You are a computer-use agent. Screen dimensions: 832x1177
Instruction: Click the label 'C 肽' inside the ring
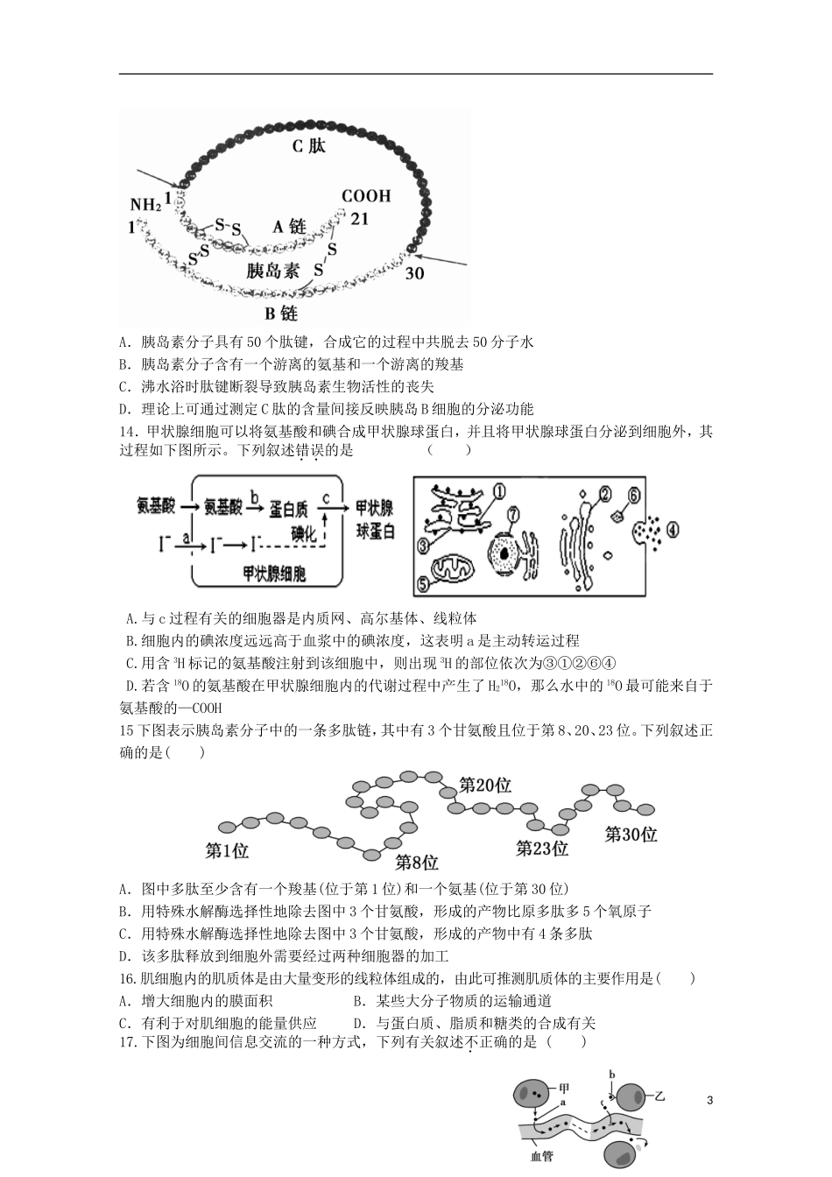pyautogui.click(x=308, y=146)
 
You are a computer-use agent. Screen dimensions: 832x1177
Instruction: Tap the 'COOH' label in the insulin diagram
pyautogui.click(x=366, y=196)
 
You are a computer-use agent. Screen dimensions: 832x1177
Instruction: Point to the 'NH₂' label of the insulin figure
pyautogui.click(x=145, y=205)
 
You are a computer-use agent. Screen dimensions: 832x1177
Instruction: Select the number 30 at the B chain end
pyautogui.click(x=415, y=273)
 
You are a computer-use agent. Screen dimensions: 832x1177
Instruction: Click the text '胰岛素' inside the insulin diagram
pyautogui.click(x=273, y=271)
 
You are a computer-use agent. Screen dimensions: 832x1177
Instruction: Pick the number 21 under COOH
pyautogui.click(x=360, y=218)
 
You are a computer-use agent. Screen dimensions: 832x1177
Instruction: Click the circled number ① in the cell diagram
pyautogui.click(x=500, y=492)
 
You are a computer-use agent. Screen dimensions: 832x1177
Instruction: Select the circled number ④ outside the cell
pyautogui.click(x=673, y=530)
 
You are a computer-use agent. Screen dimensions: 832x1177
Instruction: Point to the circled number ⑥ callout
pyautogui.click(x=635, y=496)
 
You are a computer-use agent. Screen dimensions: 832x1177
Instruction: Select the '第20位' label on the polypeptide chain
pyautogui.click(x=485, y=786)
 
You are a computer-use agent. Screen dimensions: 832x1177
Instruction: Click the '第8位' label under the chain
pyautogui.click(x=416, y=861)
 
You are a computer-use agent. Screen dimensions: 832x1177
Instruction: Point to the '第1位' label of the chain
pyautogui.click(x=227, y=850)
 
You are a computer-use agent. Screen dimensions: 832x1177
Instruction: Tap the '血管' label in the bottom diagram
pyautogui.click(x=541, y=1157)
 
